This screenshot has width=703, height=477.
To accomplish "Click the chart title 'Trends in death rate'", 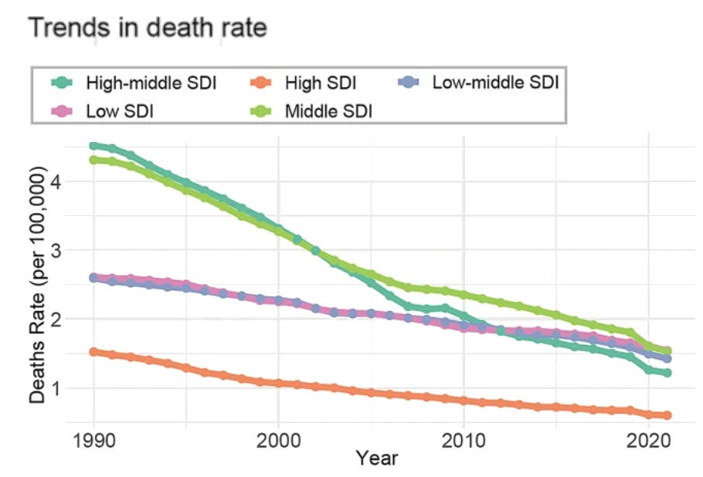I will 148,28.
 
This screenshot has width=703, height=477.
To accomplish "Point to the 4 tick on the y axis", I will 77,181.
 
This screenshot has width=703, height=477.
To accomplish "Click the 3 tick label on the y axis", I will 77,250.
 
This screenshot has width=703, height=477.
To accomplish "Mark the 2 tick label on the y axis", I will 77,319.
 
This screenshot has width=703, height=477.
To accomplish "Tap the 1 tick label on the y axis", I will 77,387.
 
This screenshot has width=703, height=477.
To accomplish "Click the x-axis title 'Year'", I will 377,458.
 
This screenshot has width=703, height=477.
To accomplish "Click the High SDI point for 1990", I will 93,352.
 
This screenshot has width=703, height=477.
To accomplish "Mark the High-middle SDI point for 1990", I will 93,146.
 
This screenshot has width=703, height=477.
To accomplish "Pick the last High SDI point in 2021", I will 667,415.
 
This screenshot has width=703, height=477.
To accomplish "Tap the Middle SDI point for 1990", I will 93,160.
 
